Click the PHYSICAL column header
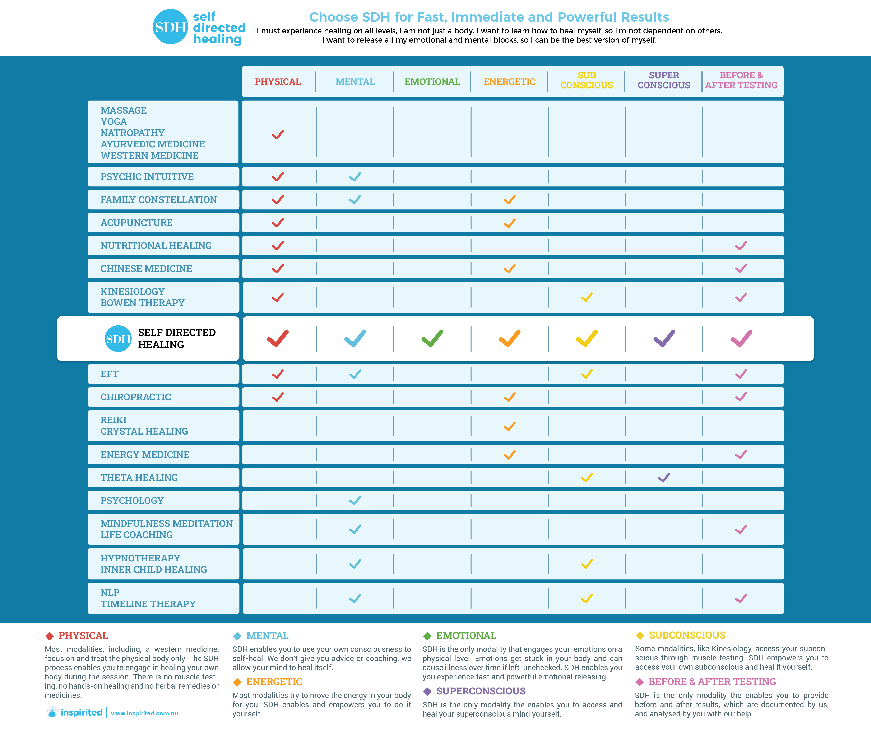tap(277, 82)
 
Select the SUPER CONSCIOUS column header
tap(664, 80)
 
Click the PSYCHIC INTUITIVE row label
tap(147, 177)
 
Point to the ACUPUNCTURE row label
tap(136, 223)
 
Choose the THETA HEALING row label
tap(139, 478)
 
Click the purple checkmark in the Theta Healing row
tap(664, 478)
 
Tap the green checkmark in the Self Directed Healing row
tap(432, 338)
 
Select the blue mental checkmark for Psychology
tap(355, 501)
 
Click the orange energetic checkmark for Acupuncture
tap(509, 223)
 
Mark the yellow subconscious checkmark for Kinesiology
tap(587, 297)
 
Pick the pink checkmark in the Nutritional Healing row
tap(741, 246)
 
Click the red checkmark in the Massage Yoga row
tap(277, 135)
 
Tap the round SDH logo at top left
tap(171, 27)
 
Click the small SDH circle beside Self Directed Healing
tap(118, 338)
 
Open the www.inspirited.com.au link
tap(144, 713)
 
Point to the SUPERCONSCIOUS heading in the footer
tap(481, 691)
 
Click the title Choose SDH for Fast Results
tap(489, 17)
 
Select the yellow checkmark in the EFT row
tap(587, 374)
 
